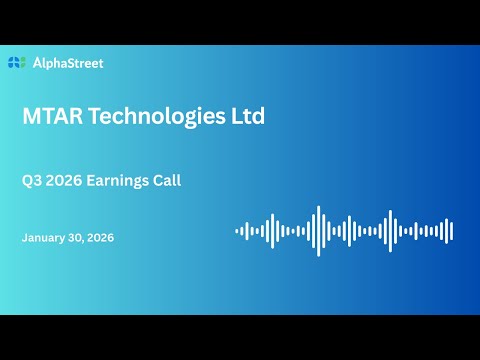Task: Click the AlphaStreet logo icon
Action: coord(16,63)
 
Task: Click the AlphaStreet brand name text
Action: coord(67,63)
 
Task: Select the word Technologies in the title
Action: coord(157,116)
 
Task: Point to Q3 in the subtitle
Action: coord(32,181)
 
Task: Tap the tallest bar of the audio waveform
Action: coord(318,231)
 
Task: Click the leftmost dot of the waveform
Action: coord(237,231)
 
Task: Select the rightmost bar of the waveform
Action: coord(451,231)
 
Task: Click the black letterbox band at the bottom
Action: coord(240,337)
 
